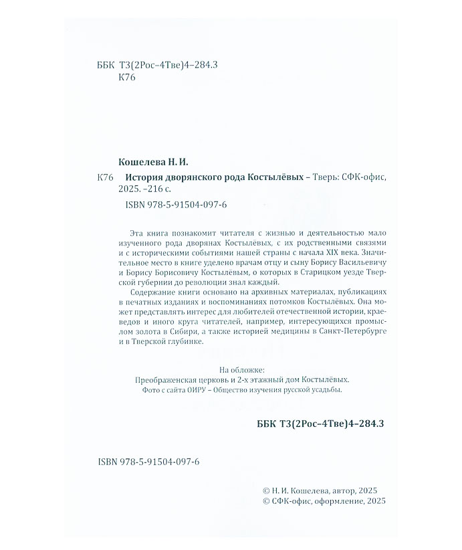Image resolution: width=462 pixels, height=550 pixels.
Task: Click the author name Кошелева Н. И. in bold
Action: pos(153,162)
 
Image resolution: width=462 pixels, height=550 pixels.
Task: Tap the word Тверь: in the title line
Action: pos(328,177)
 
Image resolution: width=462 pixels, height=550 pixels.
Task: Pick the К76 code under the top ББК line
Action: pos(126,78)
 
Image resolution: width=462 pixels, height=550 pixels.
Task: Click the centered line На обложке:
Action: pos(242,370)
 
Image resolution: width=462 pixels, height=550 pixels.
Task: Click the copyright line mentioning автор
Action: pos(321,490)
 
